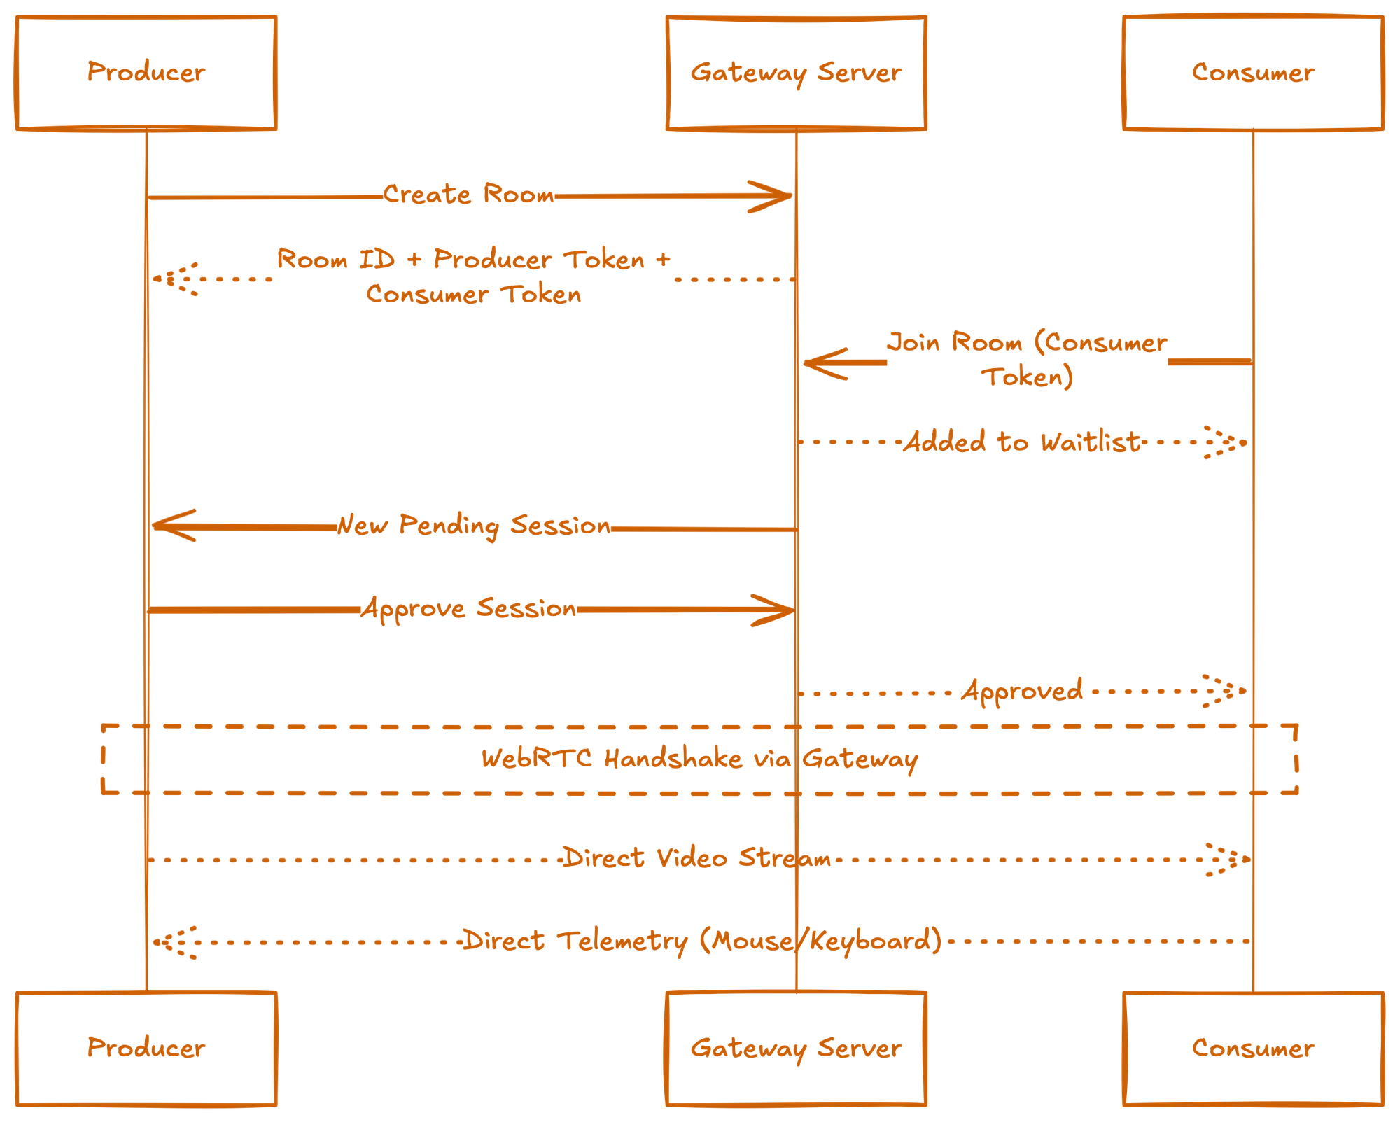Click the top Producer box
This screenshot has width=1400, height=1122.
[x=146, y=73]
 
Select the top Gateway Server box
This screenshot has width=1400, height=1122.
[x=797, y=73]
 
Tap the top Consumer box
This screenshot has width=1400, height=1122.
[x=1253, y=73]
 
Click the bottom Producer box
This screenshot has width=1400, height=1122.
[x=146, y=1049]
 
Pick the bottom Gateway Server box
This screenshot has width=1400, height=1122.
[x=797, y=1049]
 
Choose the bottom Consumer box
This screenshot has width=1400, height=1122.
[x=1253, y=1049]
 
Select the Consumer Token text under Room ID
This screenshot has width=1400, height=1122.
[x=473, y=295]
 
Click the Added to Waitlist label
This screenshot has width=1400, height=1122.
[x=1022, y=442]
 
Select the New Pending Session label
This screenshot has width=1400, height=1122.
[x=474, y=525]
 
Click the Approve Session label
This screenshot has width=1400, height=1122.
[x=469, y=608]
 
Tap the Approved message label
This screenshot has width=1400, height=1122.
[x=1022, y=692]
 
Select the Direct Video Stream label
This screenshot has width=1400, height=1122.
[x=697, y=858]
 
